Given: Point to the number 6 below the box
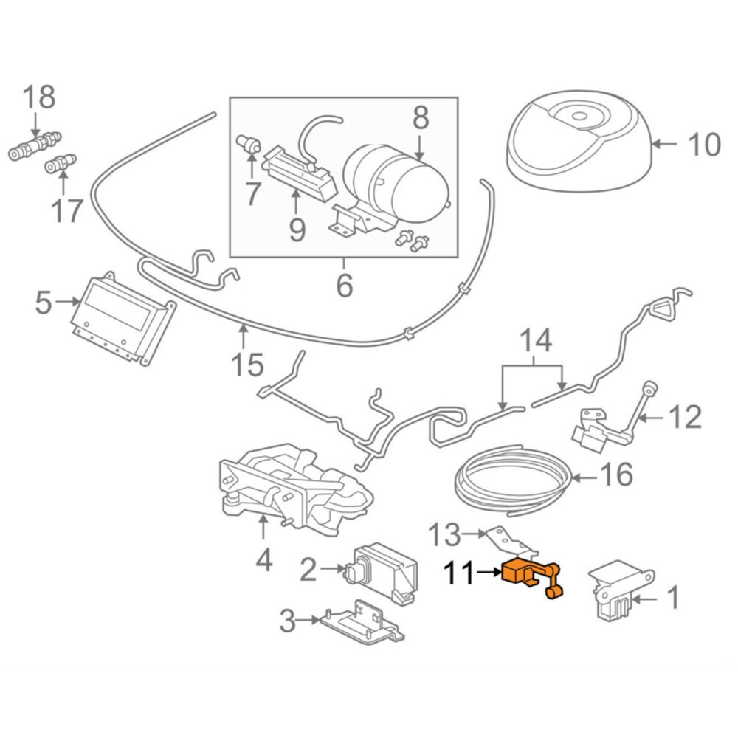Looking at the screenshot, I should click(345, 284).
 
